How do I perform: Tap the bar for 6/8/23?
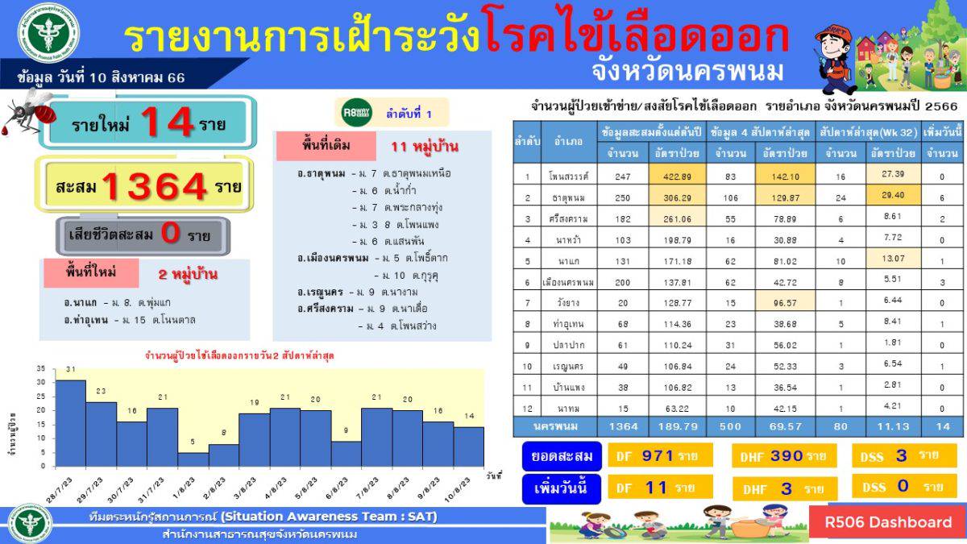[346, 453]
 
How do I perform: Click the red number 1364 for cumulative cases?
[156, 187]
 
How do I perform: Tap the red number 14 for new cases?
[168, 123]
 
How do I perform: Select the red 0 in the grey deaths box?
[170, 235]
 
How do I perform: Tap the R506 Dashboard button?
[887, 522]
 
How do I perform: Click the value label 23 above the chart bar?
[101, 392]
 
